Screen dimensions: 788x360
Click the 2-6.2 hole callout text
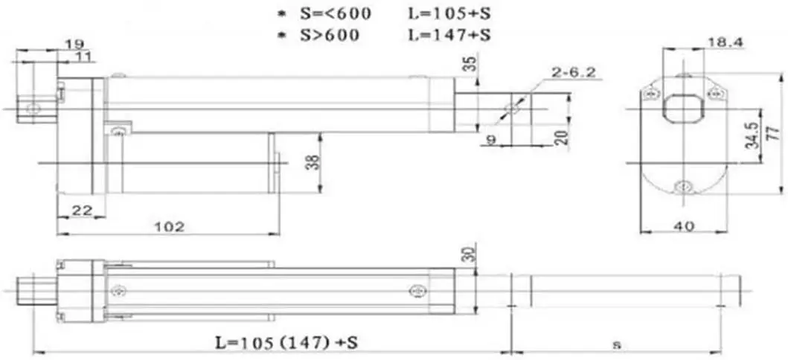click(574, 72)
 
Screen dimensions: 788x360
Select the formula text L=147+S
click(452, 33)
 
